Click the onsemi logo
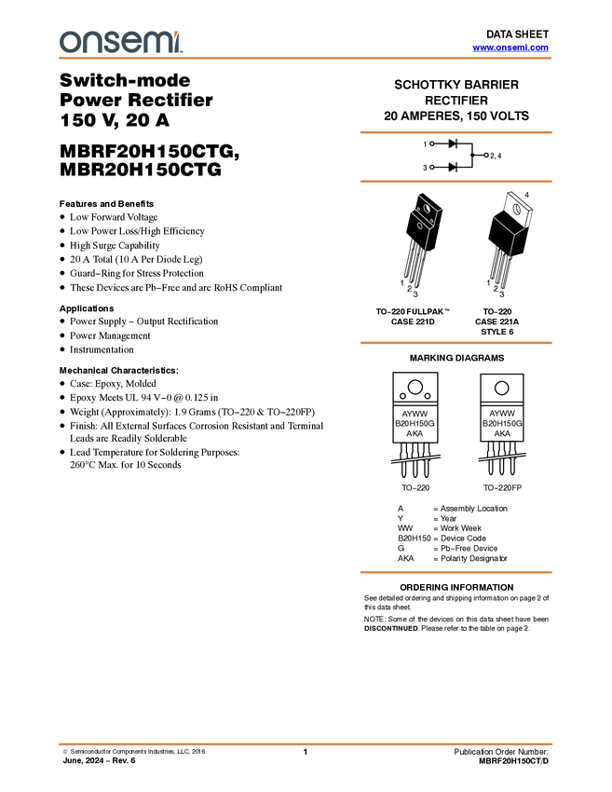point(120,42)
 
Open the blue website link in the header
point(510,48)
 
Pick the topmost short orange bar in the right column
point(456,132)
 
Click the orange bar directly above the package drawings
point(456,181)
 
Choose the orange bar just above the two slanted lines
point(456,343)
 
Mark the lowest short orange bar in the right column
point(456,572)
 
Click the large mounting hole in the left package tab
point(428,209)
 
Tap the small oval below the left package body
point(420,225)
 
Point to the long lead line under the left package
point(427,239)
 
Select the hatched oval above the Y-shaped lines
point(517,209)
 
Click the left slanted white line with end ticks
point(415,458)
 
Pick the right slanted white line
point(502,457)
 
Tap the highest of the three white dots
point(431,144)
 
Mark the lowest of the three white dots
point(431,168)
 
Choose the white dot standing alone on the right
point(486,155)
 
